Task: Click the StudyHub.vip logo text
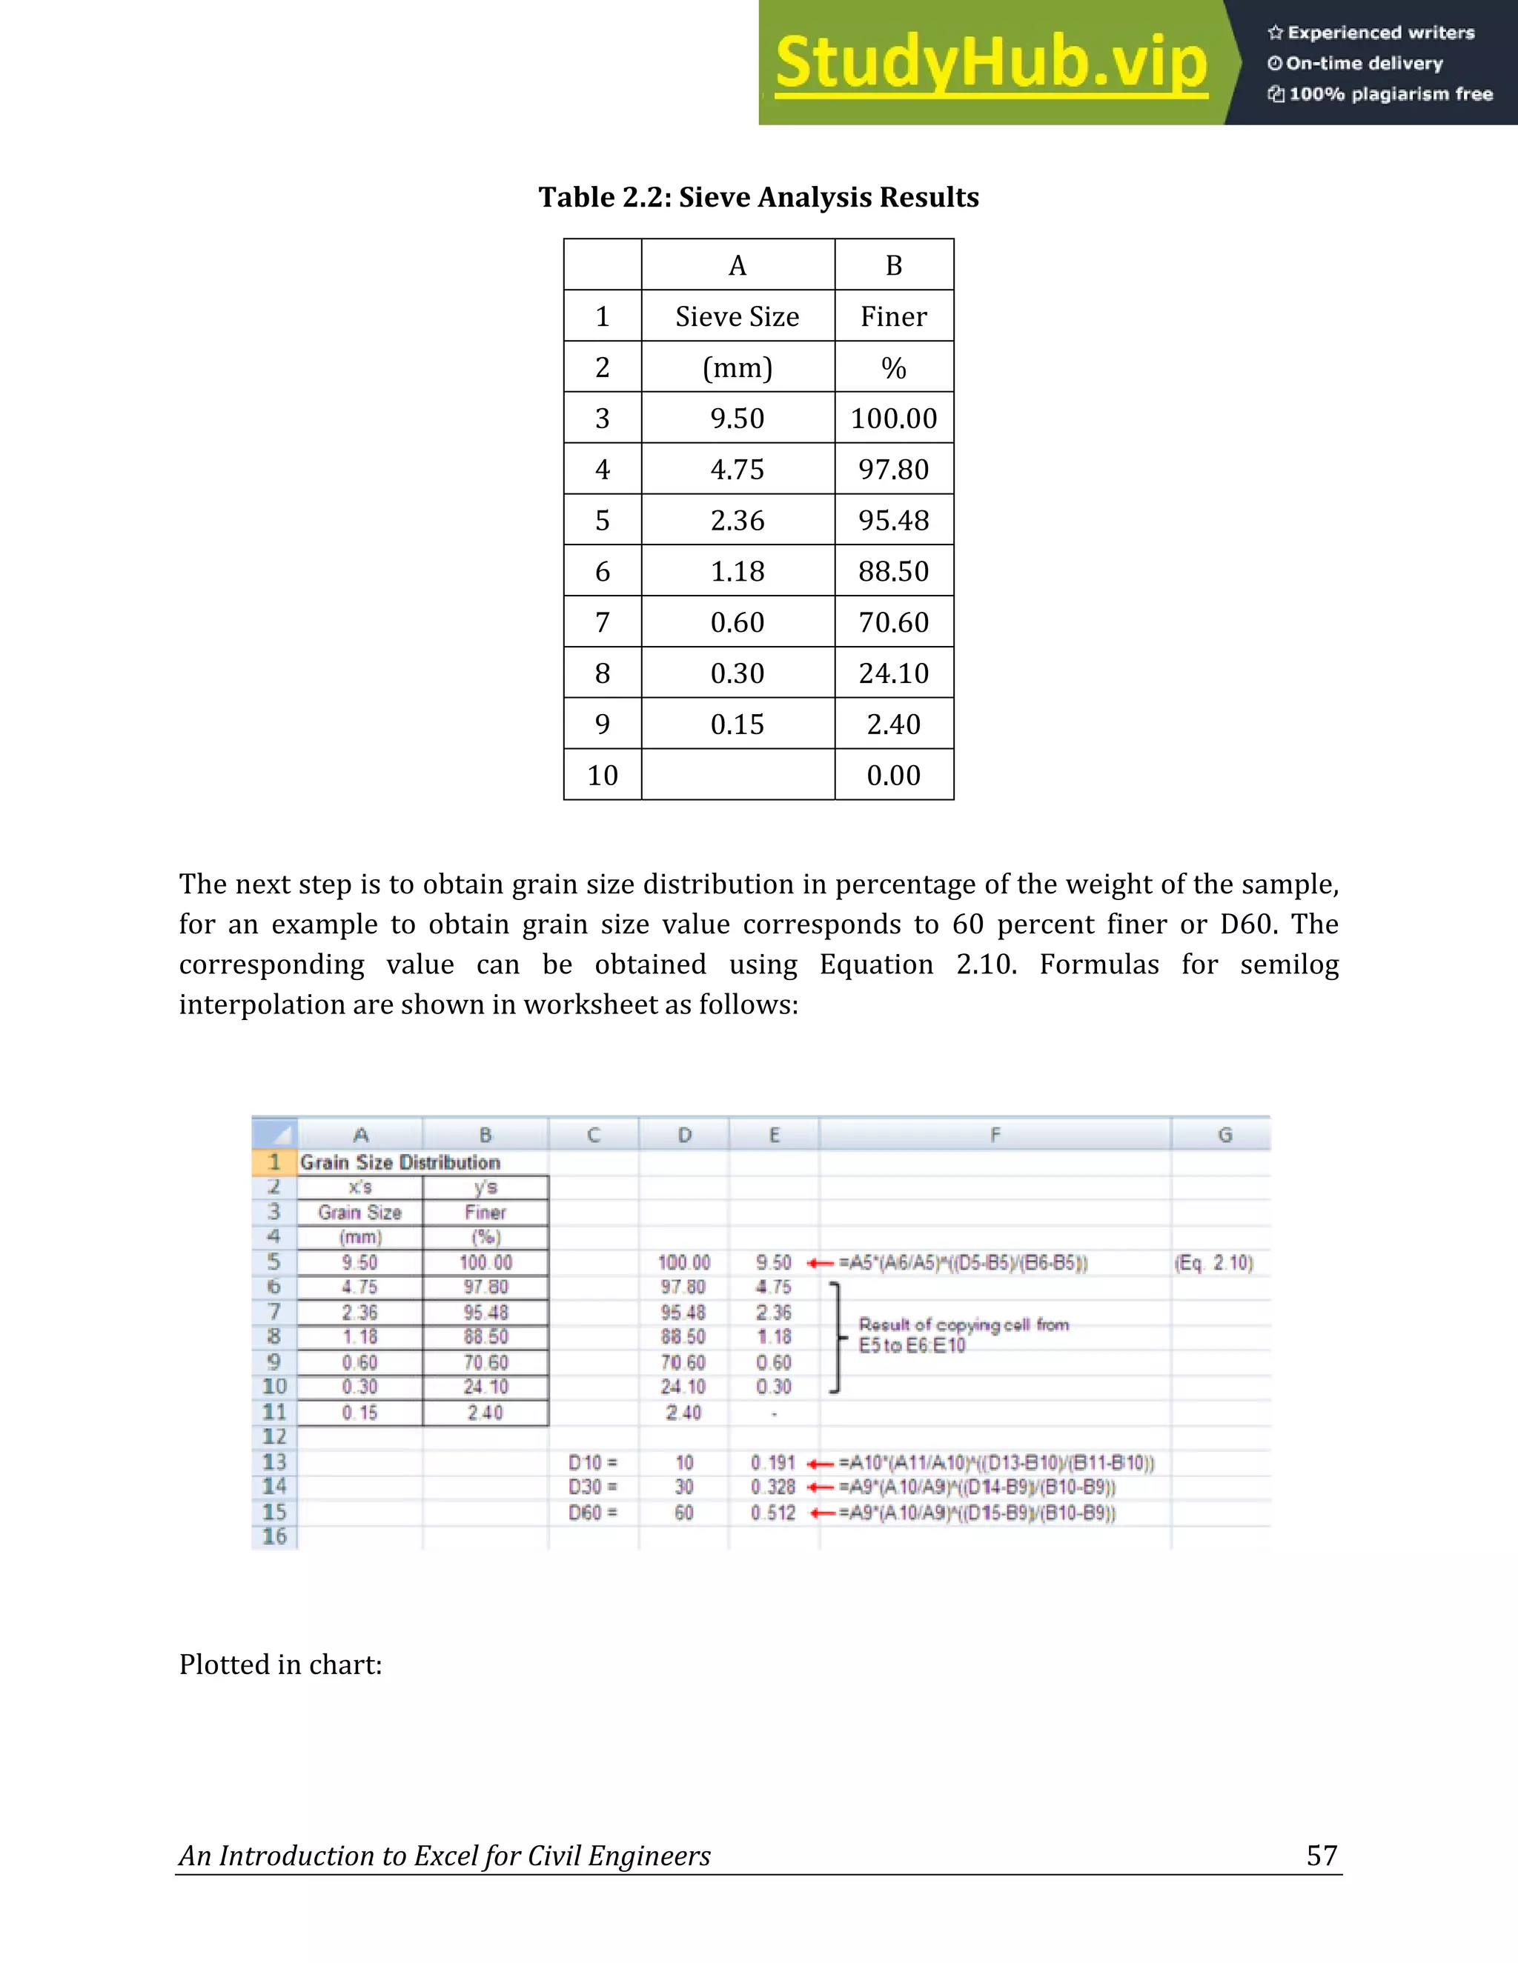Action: [990, 63]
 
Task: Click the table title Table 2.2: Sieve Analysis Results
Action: [758, 197]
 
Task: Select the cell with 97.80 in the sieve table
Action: [893, 469]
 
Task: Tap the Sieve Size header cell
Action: [738, 316]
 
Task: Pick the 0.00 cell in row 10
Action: [893, 775]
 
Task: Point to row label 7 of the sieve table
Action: [602, 622]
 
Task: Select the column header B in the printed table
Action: [893, 265]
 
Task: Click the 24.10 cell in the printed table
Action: [893, 673]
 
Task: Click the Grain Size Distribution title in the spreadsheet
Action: [400, 1162]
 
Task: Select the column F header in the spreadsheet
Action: [995, 1135]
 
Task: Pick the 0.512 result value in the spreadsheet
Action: [773, 1513]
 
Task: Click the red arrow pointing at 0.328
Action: [821, 1487]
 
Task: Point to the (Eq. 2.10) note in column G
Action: [1214, 1263]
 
